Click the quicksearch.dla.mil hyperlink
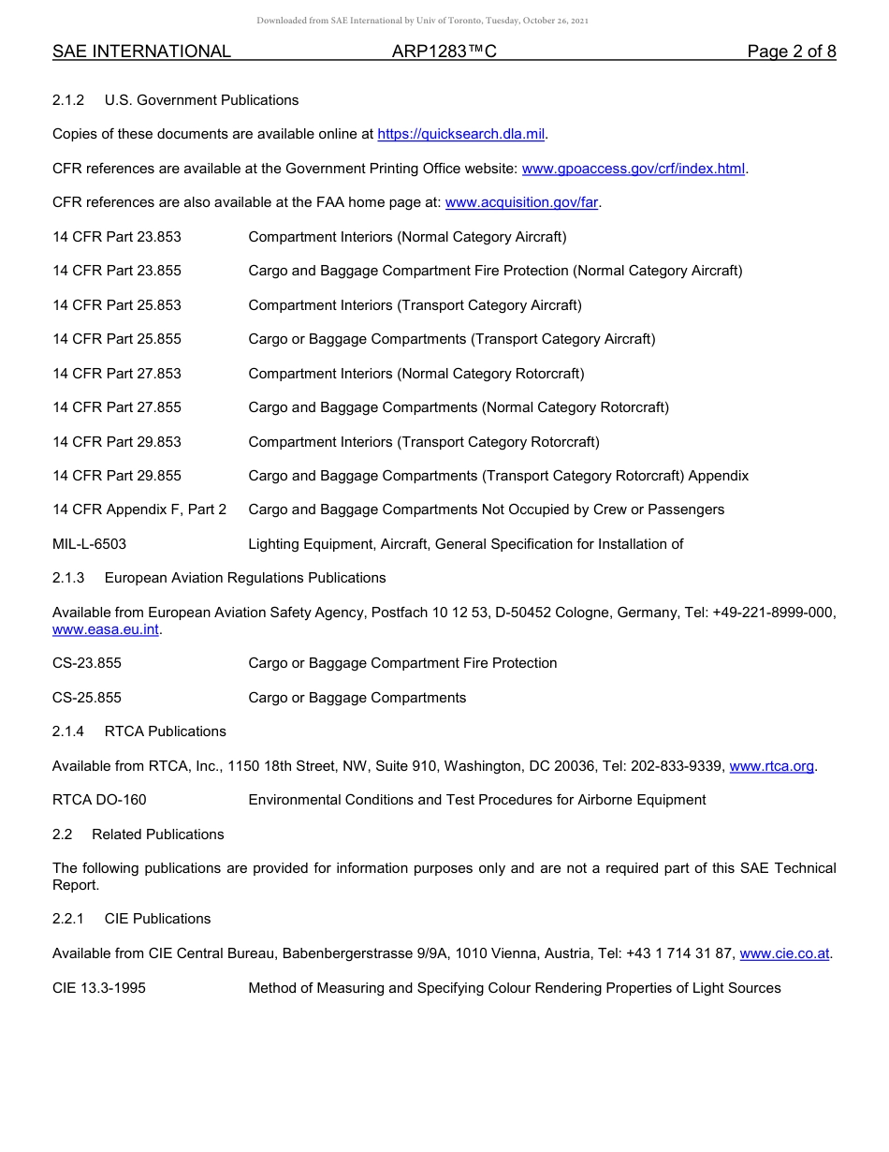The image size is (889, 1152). pos(460,135)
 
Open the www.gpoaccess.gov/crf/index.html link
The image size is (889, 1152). pos(634,170)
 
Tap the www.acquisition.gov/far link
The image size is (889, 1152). pos(521,203)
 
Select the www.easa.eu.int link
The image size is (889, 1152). pos(106,630)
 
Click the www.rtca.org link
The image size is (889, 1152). pos(771,767)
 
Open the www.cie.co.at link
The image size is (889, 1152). pos(784,954)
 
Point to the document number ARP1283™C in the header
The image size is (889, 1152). pos(444,52)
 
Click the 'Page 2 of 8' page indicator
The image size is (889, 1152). pos(791,52)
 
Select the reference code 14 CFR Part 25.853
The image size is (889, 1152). pos(117,305)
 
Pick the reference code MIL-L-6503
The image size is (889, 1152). pos(90,544)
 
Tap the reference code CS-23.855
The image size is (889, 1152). pos(87,664)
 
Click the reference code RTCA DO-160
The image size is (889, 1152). pos(99,801)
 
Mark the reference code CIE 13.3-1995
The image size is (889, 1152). pos(99,988)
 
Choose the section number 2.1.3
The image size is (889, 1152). pos(68,579)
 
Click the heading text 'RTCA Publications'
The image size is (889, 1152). pos(166,731)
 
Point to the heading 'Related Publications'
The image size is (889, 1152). pos(158,834)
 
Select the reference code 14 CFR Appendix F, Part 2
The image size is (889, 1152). pos(139,510)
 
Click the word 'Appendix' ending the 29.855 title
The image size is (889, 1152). pos(719,476)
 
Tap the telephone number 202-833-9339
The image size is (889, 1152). pos(676,767)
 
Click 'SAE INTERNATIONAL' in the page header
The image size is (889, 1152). pos(141,52)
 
